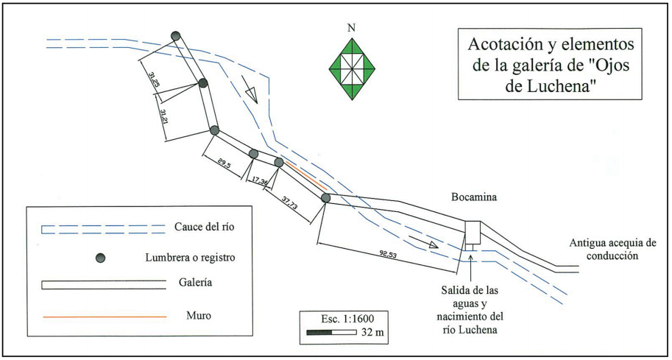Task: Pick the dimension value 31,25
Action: (154, 80)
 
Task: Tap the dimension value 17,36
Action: (259, 180)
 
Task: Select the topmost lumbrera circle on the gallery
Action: (176, 36)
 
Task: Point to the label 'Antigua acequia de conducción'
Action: (617, 250)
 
